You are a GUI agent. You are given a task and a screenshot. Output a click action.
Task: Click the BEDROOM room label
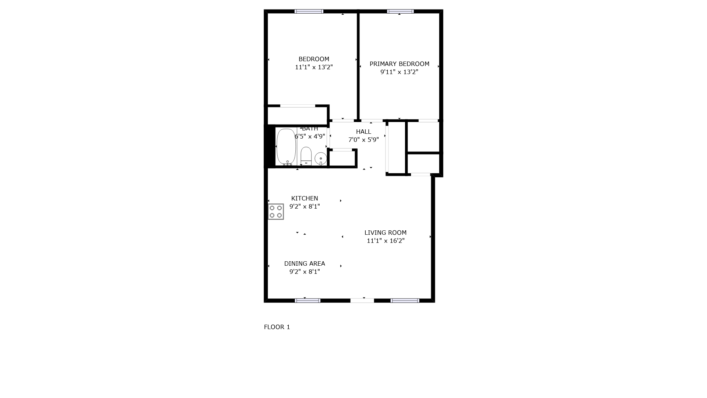click(314, 59)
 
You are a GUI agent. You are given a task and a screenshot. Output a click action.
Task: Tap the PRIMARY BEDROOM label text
click(400, 64)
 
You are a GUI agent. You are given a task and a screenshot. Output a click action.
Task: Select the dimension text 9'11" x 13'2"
click(400, 72)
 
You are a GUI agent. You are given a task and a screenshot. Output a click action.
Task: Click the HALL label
click(363, 132)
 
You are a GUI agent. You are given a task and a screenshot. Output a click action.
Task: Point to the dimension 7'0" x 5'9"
click(363, 140)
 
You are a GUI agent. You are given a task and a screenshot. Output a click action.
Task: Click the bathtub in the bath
click(286, 147)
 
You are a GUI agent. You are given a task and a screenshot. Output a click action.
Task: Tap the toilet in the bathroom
click(306, 156)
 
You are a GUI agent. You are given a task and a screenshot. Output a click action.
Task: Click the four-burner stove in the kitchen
click(276, 212)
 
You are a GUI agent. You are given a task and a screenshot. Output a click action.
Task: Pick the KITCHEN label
click(305, 198)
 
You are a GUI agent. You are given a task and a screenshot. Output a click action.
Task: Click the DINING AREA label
click(305, 263)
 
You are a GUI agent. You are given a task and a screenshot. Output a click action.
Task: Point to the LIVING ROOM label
click(386, 233)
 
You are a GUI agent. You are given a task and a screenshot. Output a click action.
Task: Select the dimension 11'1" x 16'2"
click(386, 241)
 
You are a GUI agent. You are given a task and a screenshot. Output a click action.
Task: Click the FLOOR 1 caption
click(277, 327)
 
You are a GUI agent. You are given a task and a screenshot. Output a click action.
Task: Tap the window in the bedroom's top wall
click(309, 11)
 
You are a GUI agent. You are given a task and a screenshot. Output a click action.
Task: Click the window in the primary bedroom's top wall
click(400, 11)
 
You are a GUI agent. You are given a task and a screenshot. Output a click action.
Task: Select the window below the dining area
click(308, 301)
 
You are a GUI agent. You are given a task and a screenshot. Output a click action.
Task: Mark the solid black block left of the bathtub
click(270, 146)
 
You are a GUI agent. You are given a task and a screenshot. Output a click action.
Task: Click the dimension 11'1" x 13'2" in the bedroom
click(314, 67)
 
